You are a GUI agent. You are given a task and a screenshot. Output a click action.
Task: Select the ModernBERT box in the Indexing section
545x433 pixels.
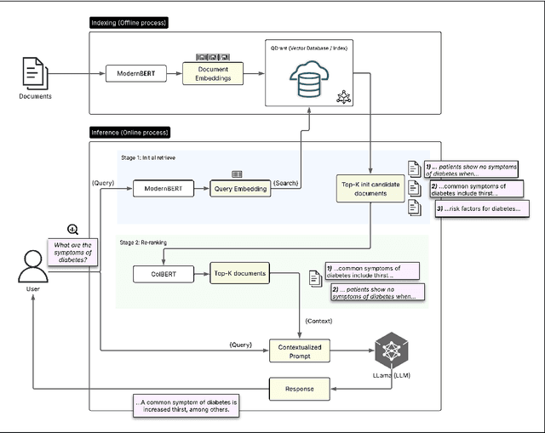point(135,74)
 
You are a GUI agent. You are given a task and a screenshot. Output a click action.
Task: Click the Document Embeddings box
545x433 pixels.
point(213,74)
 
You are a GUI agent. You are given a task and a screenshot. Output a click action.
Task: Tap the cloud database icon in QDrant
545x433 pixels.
point(308,81)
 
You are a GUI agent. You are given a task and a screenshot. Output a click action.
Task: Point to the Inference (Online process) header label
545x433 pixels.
point(129,133)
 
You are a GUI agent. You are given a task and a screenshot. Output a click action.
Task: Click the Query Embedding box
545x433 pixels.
point(240,189)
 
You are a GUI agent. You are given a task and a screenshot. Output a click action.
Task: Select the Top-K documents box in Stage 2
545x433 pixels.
point(239,273)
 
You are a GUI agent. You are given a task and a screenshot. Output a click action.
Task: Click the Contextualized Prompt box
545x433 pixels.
point(298,350)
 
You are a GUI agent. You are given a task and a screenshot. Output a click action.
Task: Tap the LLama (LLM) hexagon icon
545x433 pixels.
point(391,349)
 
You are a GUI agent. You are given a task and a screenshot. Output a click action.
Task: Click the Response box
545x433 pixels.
point(298,389)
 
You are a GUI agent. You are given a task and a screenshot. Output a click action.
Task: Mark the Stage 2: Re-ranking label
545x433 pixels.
point(143,242)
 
